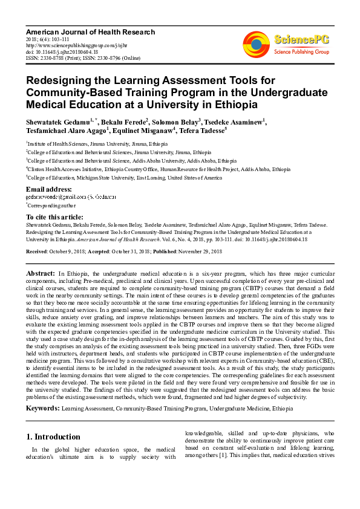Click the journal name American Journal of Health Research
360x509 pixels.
click(90, 31)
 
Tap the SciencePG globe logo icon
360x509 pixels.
click(256, 44)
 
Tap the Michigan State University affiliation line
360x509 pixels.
click(124, 178)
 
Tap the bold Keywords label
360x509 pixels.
click(42, 409)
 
